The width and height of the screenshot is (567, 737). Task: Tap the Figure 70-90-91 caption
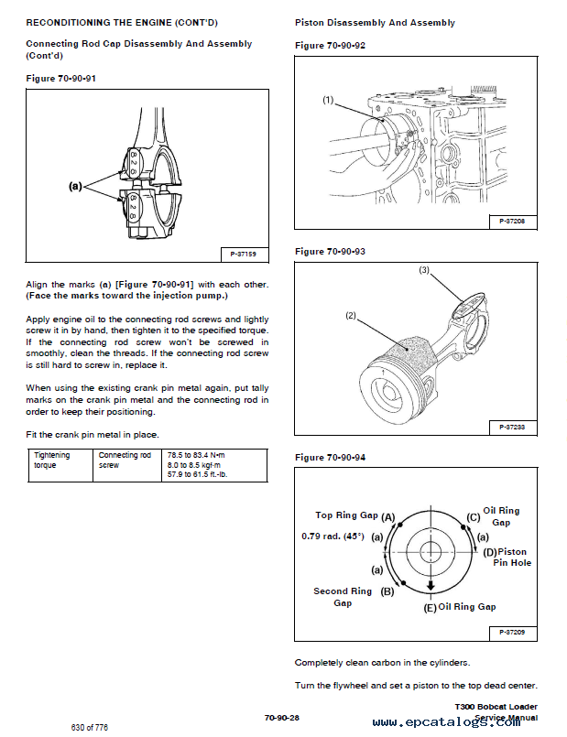coord(60,78)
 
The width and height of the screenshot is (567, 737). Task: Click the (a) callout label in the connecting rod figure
coord(76,186)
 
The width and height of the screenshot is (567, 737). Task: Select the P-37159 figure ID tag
coord(242,254)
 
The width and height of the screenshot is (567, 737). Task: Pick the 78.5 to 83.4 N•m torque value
coord(196,455)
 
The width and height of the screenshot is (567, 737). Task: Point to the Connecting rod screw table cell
coord(125,460)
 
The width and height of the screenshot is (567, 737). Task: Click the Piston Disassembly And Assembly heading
coord(375,22)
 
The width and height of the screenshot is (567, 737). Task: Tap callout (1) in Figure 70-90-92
coord(328,100)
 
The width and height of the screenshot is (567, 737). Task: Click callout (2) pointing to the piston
coord(351,316)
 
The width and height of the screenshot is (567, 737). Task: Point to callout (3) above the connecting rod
coord(424,270)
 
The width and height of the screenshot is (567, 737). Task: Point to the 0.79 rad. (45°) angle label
coord(333,536)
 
